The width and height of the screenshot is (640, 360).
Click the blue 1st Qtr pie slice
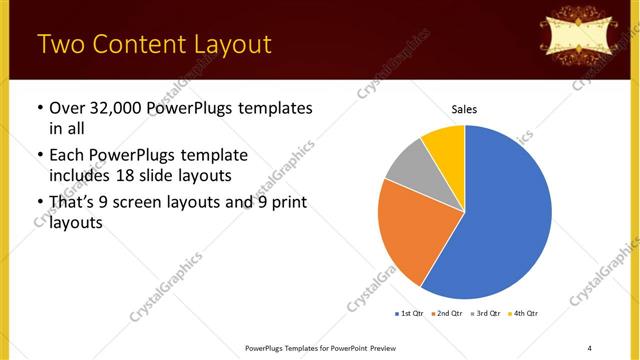point(505,215)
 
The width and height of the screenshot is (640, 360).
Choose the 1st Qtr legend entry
point(411,314)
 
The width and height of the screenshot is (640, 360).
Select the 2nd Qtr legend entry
point(448,314)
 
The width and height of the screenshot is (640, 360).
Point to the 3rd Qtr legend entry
point(486,314)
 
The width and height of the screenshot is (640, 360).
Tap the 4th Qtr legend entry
point(523,314)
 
